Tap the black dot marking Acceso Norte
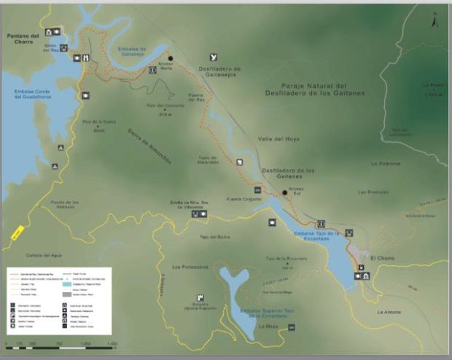(x=171, y=58)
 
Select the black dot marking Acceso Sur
(x=285, y=193)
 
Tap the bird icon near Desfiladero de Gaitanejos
(x=213, y=56)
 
